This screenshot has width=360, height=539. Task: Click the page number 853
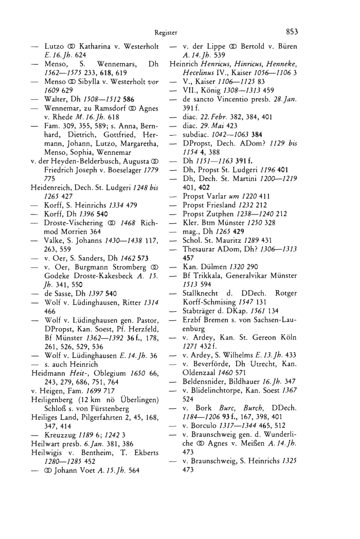click(x=293, y=31)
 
